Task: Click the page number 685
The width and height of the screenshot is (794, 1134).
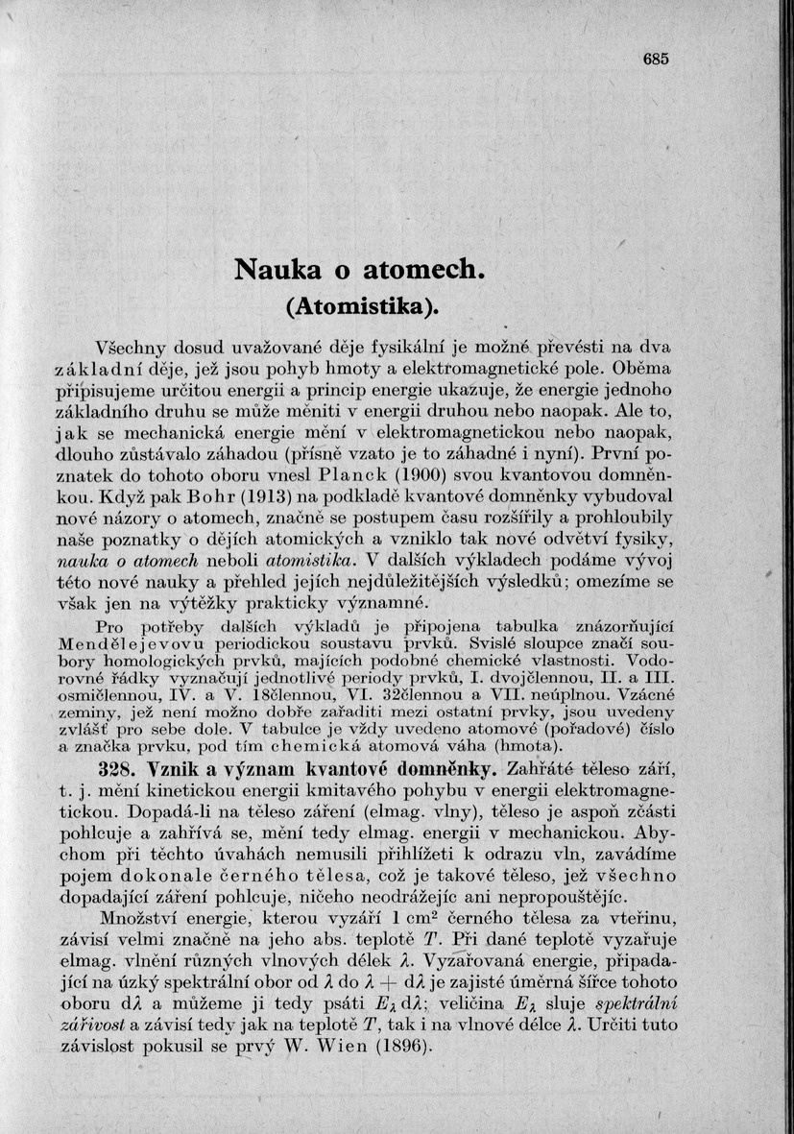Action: (656, 59)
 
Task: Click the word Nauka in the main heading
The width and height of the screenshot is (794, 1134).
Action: (277, 272)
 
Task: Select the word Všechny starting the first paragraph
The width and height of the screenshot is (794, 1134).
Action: (134, 347)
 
